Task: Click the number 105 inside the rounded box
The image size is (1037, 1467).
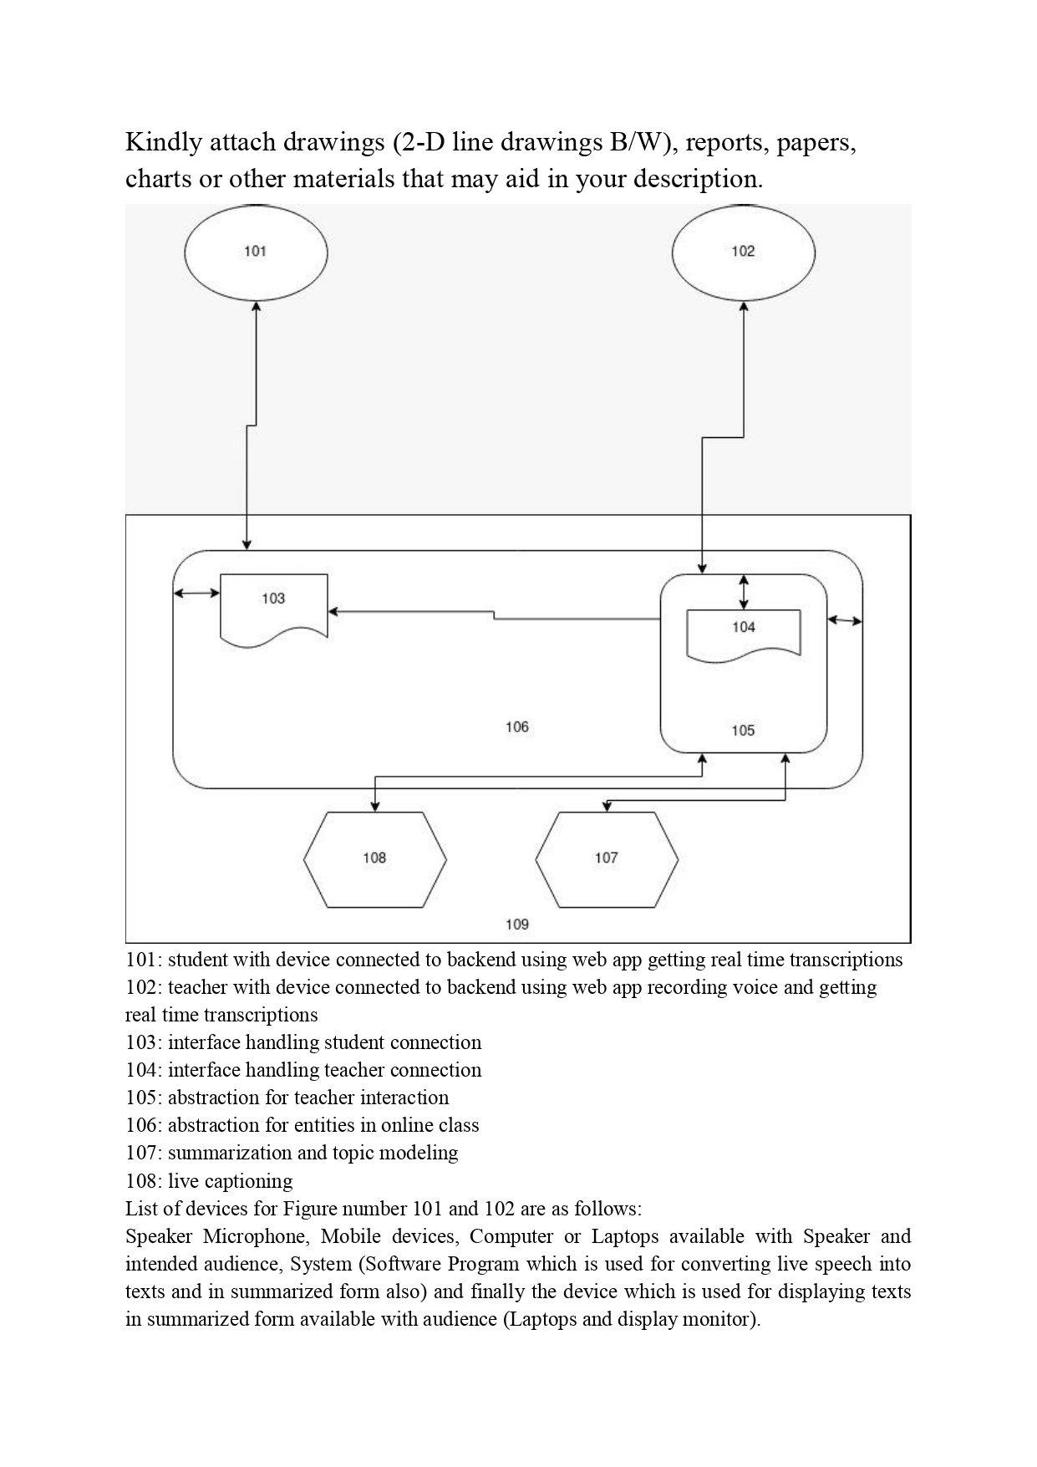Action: tap(743, 731)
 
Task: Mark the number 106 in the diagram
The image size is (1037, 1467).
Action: tap(517, 727)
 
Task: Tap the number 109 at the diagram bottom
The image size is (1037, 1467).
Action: tap(517, 925)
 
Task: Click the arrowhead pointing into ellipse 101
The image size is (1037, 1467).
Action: tap(256, 307)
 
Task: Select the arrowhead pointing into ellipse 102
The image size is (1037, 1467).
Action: tap(744, 307)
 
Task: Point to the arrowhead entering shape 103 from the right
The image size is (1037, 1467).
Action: tap(333, 612)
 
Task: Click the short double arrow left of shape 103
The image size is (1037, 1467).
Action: tap(196, 593)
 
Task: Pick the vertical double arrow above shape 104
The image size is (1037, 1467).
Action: tap(744, 592)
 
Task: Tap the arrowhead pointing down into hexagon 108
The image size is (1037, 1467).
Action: tap(375, 806)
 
